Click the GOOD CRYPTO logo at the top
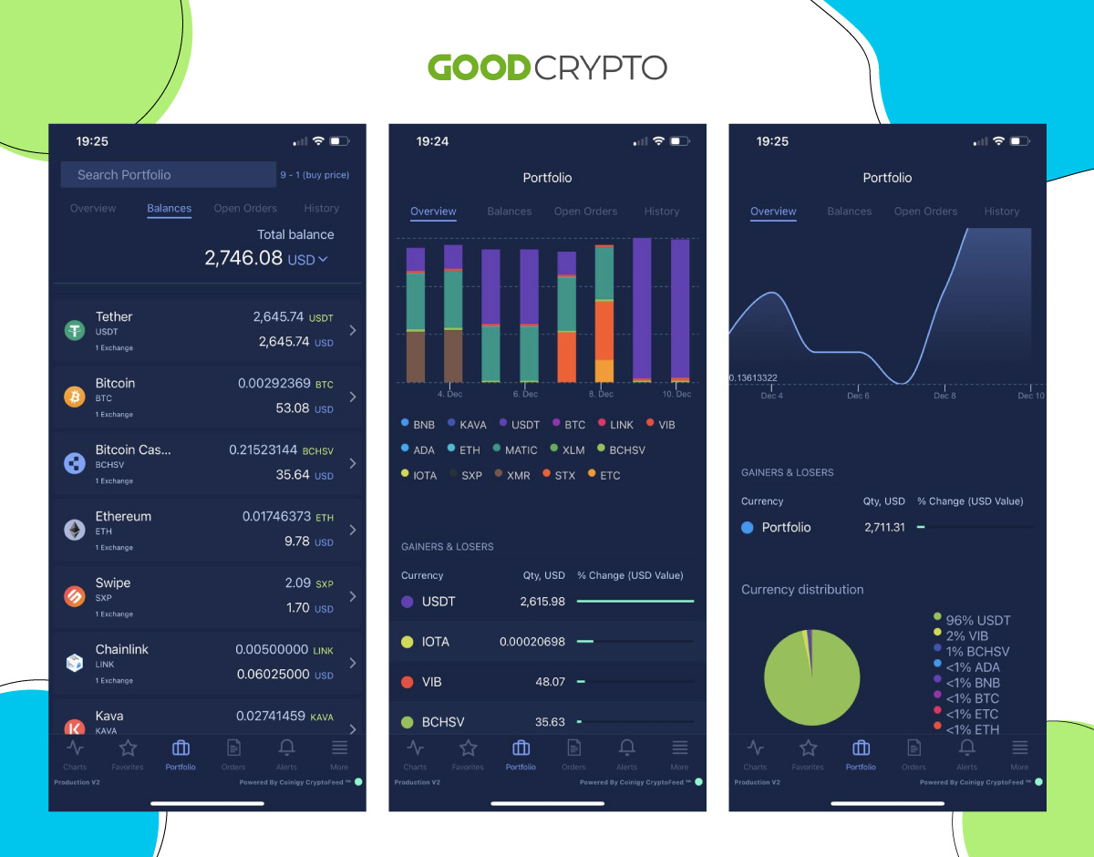click(x=547, y=67)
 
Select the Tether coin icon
click(x=75, y=331)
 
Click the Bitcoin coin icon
click(x=75, y=398)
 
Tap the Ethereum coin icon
click(x=75, y=530)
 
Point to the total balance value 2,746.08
click(x=243, y=258)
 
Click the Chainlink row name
click(x=122, y=650)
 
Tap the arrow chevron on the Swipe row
click(x=352, y=596)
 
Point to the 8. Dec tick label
click(x=602, y=395)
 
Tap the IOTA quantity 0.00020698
click(x=532, y=642)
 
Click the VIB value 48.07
click(x=550, y=681)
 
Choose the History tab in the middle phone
click(x=662, y=212)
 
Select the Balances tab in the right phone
click(x=850, y=212)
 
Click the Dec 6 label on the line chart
click(x=858, y=396)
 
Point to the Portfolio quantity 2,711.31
click(x=884, y=528)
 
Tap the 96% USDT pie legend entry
click(x=977, y=620)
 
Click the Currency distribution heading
click(x=802, y=590)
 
